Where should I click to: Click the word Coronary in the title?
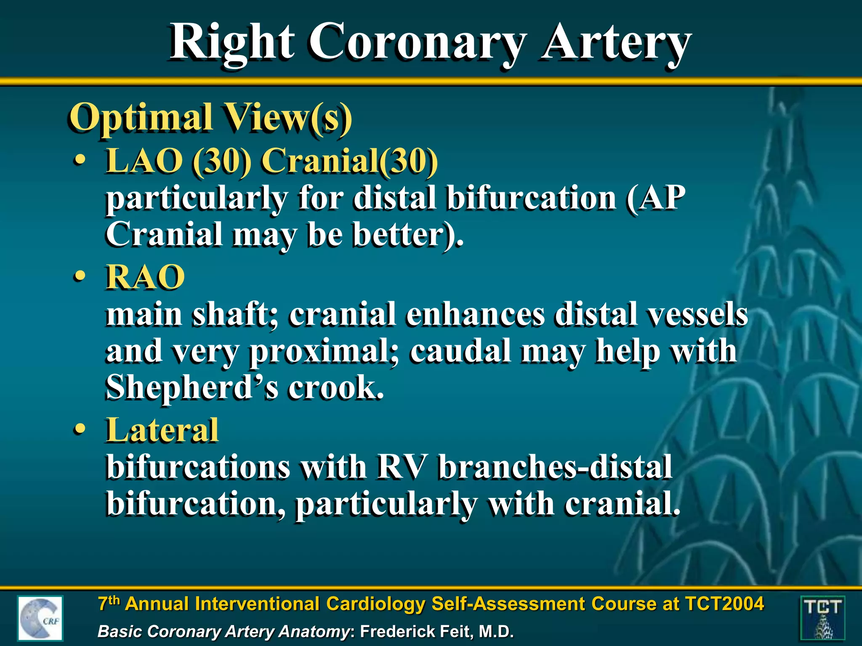[417, 42]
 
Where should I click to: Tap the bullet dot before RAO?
[79, 277]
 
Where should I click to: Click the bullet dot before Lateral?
[79, 430]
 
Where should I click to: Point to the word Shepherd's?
[192, 387]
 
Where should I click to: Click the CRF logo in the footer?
[40, 618]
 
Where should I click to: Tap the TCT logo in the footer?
[822, 618]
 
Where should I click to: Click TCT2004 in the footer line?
[724, 604]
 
